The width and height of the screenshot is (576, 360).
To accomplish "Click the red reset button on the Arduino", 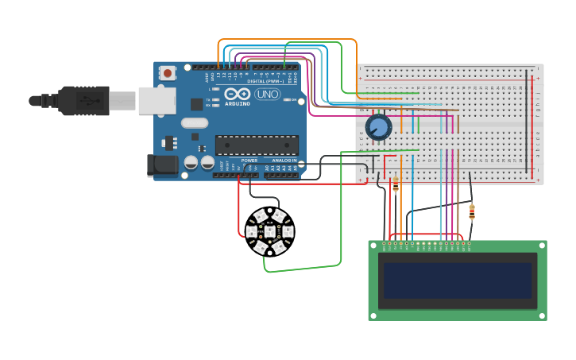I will pos(168,73).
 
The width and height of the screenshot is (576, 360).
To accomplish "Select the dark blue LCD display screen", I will pos(458,281).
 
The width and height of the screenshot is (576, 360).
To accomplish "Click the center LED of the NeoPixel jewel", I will pos(269,232).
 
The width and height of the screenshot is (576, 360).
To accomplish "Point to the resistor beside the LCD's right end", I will pos(472,212).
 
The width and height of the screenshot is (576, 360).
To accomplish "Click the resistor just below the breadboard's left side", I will pos(396,185).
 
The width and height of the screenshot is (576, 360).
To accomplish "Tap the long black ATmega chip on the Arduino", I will pos(257,145).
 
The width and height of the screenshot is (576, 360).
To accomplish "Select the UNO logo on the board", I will pos(267,94).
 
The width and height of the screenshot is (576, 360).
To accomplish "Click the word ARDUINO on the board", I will pos(238,103).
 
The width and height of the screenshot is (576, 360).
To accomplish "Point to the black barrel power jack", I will pos(163,165).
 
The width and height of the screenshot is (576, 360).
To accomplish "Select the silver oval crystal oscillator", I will pos(195,122).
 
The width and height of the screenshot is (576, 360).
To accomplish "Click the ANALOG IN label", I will pos(284,161).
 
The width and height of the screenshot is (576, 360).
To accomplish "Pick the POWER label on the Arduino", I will pos(249,161).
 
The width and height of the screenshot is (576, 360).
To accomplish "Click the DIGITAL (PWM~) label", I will pos(265,81).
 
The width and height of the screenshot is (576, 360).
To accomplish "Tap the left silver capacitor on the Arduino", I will pos(191,162).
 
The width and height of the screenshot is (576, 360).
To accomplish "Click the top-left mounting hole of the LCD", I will pos(373,246).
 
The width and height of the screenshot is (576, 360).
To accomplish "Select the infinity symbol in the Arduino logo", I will pos(238,95).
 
